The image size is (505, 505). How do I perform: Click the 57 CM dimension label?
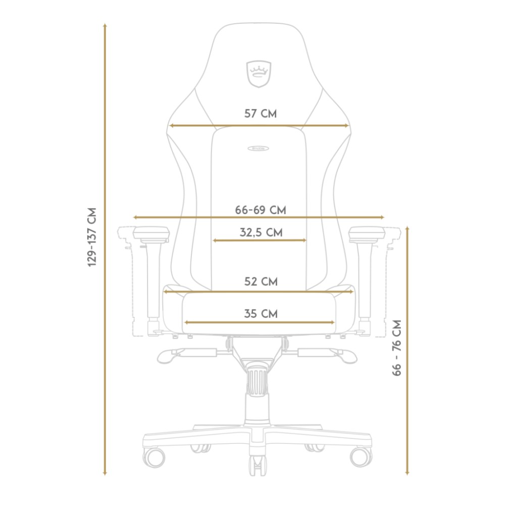[x=260, y=114]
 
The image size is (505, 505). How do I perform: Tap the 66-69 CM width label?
[x=260, y=210]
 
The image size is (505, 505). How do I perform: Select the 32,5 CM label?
[x=261, y=232]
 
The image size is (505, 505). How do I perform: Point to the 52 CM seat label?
[x=261, y=281]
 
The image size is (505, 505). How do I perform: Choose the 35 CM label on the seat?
[x=261, y=314]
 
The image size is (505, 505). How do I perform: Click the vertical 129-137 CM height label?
[x=92, y=237]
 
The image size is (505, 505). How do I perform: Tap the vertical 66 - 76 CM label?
[x=397, y=347]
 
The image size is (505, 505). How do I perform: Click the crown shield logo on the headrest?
[x=259, y=74]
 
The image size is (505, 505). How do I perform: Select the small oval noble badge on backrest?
[x=258, y=148]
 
